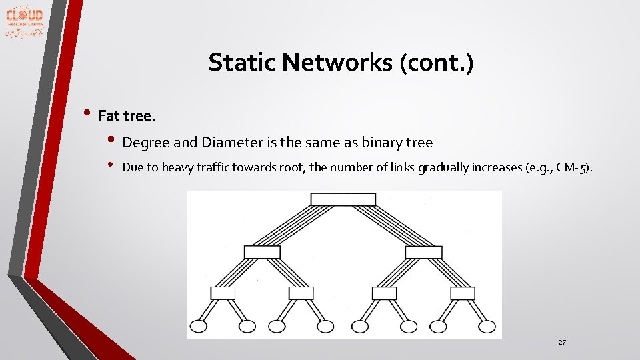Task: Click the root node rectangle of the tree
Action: coord(343,199)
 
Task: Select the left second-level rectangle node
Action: coord(262,252)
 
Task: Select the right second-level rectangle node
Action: coord(423,252)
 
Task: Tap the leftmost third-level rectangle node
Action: coord(223,293)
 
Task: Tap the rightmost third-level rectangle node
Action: coord(463,293)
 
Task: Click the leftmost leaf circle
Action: coord(201,327)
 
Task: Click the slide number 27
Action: coord(562,342)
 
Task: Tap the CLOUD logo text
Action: coord(25,15)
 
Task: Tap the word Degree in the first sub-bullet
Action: coord(144,142)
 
